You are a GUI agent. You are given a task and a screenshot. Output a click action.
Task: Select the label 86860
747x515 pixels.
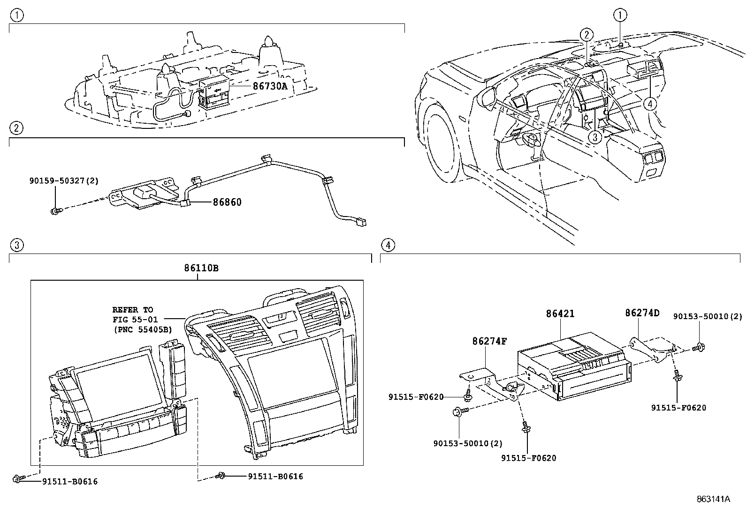click(x=227, y=202)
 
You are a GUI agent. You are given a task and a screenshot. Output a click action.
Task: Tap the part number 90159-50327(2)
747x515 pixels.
click(x=63, y=181)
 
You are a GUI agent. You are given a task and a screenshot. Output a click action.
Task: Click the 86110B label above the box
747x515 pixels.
click(x=201, y=269)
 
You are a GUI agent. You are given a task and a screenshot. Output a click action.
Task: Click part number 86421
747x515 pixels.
click(x=560, y=314)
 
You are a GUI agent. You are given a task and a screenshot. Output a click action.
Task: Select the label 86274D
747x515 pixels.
click(x=642, y=313)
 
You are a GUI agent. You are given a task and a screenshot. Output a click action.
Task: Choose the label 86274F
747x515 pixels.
click(x=489, y=342)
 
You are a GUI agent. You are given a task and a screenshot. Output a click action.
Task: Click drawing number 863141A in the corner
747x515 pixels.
click(x=713, y=499)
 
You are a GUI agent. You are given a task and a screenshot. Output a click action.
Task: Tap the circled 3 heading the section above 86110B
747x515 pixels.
click(x=16, y=245)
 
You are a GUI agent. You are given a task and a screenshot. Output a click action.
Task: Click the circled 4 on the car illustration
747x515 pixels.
click(x=650, y=104)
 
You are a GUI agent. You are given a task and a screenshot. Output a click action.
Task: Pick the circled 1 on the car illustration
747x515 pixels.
click(x=620, y=16)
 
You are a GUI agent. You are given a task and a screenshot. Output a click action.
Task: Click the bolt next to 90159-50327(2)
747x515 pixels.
click(x=55, y=212)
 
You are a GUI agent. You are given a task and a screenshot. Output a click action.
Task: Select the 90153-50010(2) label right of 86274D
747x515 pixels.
click(x=708, y=317)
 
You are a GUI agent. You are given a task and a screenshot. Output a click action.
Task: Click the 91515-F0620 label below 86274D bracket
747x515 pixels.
click(x=678, y=408)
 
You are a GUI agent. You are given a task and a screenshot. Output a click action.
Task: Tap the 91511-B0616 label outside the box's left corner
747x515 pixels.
click(x=70, y=481)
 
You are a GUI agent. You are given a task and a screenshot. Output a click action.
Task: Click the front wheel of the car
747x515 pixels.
click(x=441, y=141)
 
